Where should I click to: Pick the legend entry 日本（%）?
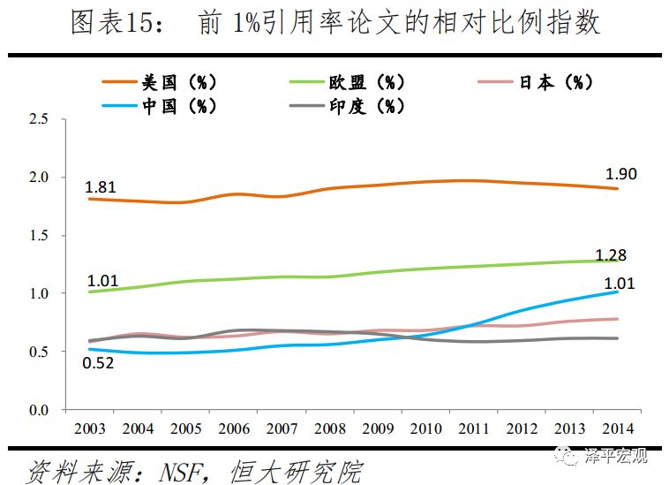click(555, 82)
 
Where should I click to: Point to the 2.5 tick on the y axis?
click(39, 119)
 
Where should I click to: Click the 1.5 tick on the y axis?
click(39, 236)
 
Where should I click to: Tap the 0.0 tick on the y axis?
click(39, 410)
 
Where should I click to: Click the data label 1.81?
click(101, 186)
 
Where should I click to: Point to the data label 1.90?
click(621, 174)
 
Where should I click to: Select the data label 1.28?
click(610, 255)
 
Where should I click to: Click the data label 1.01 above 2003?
click(102, 282)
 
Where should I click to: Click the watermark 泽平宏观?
click(614, 457)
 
